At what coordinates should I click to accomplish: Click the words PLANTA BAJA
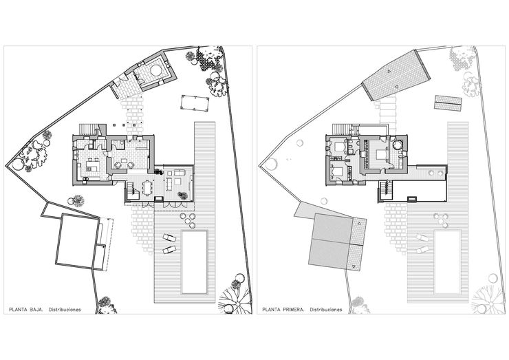tap(24, 310)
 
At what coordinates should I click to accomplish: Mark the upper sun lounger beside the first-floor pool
tap(422, 237)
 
